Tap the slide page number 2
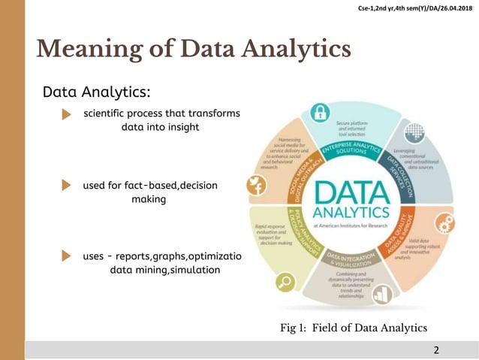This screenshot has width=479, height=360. [438, 350]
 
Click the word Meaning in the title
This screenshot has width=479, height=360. [83, 50]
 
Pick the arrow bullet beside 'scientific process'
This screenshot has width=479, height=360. [65, 113]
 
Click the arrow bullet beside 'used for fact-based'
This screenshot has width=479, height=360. [65, 186]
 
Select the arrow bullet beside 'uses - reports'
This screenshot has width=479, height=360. [65, 257]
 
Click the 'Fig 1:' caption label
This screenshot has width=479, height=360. [294, 327]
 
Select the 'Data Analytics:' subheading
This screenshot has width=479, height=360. [97, 92]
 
